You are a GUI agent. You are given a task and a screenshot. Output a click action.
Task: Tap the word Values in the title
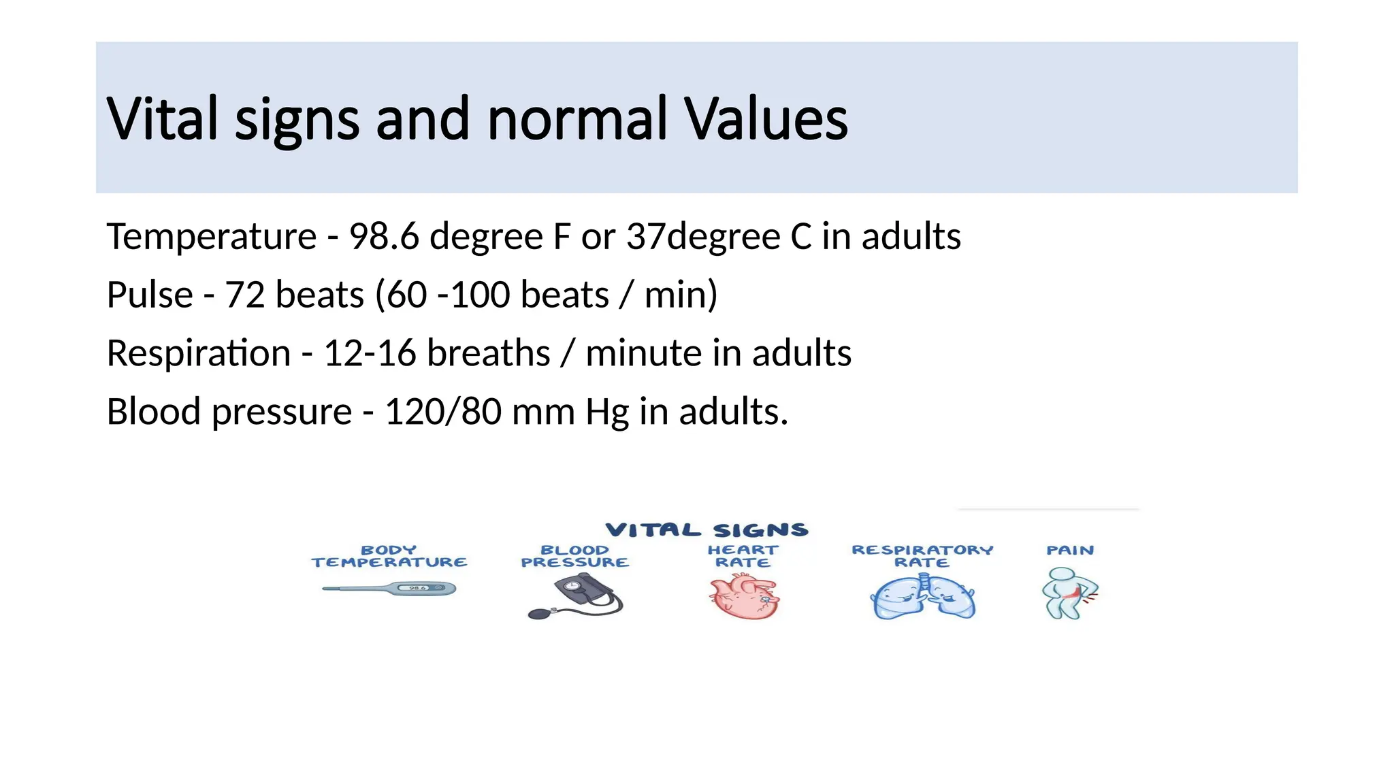766,119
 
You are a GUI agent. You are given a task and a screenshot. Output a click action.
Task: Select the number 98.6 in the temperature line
384,237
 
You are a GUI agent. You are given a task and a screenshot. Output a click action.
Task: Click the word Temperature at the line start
212,237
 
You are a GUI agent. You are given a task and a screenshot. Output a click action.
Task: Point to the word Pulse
150,295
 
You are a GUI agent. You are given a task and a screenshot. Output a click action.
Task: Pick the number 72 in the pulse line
245,295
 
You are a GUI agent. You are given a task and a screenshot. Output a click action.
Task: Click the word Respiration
199,353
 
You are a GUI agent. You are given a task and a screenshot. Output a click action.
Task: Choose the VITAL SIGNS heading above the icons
707,530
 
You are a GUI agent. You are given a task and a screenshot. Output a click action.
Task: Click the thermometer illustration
389,589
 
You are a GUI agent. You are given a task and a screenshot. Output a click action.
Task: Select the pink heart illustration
743,596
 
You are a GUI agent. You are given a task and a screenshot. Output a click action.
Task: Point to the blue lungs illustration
923,597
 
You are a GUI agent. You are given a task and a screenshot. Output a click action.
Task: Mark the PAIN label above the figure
1070,551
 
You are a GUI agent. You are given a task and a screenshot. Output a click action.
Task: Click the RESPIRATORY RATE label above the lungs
922,556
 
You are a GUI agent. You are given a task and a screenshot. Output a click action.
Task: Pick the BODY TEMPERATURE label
389,556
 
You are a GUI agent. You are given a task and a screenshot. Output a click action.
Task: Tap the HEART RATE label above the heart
743,556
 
